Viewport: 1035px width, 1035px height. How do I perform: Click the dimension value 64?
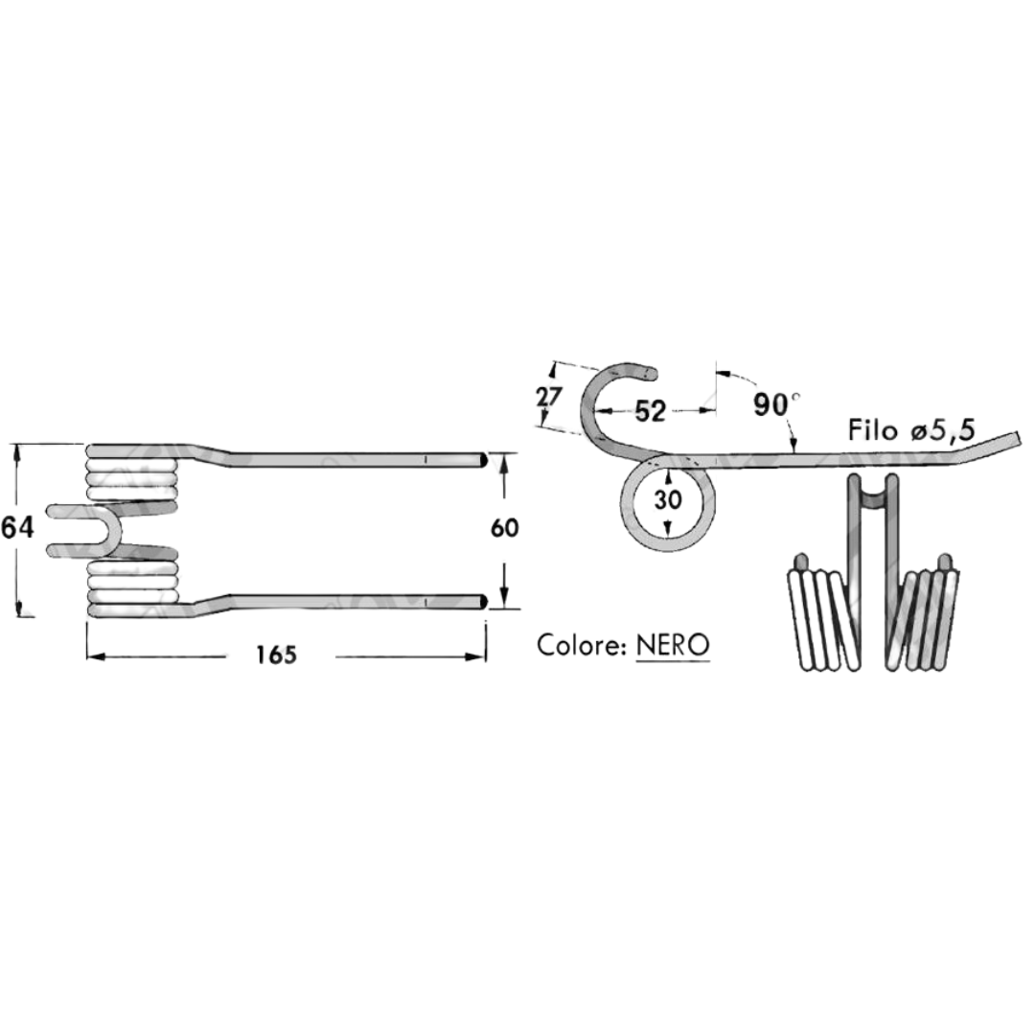pos(17,528)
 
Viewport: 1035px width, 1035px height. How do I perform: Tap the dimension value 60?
pos(505,528)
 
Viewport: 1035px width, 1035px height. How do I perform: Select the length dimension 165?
pos(277,655)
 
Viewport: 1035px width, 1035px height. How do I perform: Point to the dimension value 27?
pos(548,398)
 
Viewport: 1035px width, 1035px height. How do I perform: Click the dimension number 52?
pos(650,411)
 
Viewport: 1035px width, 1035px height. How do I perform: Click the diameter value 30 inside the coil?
pos(668,499)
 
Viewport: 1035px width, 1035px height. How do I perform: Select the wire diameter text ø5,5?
pos(943,431)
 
